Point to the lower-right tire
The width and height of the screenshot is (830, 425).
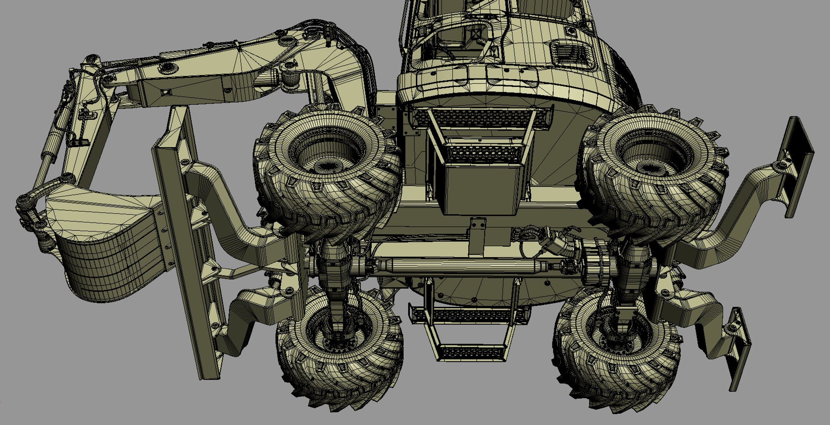pos(614,351)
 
